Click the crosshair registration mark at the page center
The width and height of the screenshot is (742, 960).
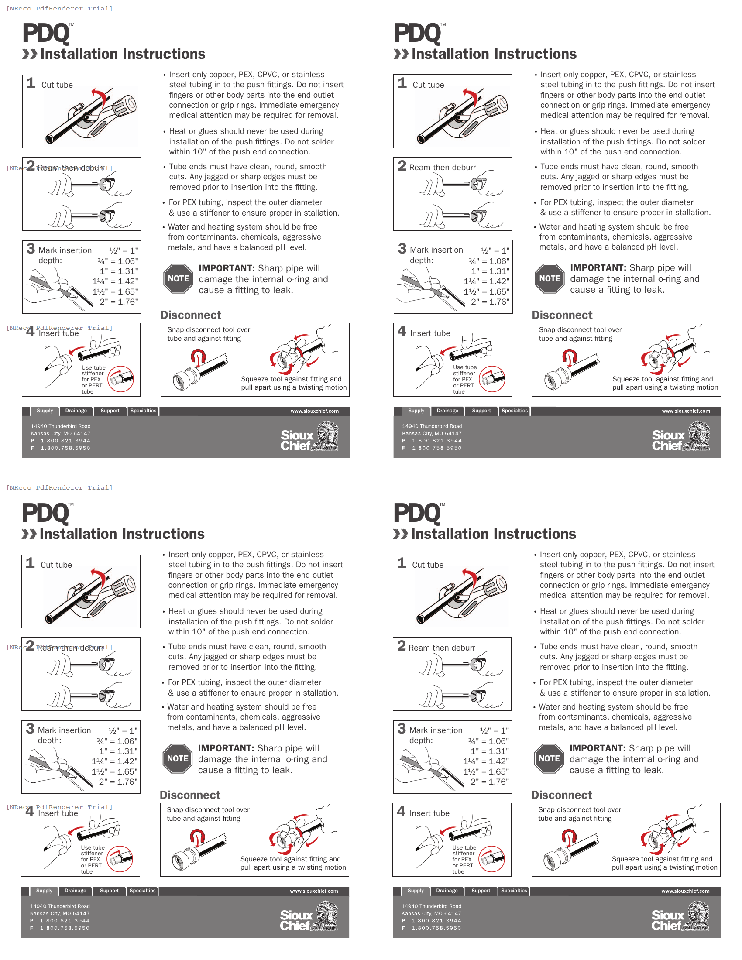[371, 480]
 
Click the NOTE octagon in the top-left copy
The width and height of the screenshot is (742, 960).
[178, 279]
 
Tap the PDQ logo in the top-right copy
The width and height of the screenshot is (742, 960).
[417, 34]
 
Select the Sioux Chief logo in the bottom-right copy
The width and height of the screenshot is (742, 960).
[680, 916]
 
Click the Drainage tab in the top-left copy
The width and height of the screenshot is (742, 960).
[76, 411]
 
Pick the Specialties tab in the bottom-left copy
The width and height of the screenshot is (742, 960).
[142, 891]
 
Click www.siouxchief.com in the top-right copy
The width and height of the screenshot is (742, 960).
[686, 411]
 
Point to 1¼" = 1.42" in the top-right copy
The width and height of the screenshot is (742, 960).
[486, 281]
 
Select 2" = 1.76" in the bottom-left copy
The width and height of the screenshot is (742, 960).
[118, 782]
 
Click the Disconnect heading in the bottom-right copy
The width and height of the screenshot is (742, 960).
[561, 795]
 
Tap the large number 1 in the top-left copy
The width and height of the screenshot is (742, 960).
[31, 82]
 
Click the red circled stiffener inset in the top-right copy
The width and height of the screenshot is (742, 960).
[492, 379]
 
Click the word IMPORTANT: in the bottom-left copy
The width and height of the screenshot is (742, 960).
[227, 748]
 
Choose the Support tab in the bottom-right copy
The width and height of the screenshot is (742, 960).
[481, 891]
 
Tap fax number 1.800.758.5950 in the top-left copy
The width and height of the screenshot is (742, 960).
[65, 448]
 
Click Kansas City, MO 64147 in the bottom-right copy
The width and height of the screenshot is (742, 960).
[431, 913]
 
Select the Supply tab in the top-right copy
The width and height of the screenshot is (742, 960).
[416, 411]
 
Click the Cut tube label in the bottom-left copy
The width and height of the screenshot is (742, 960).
[56, 565]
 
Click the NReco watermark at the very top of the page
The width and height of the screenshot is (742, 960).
[59, 8]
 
